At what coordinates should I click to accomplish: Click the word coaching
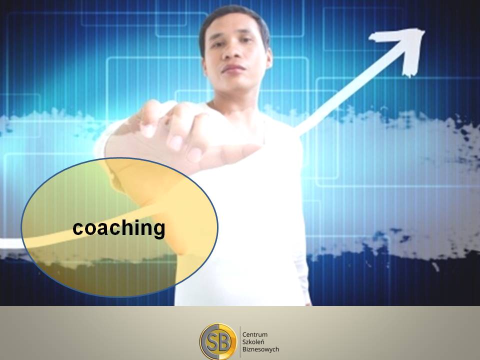pyautogui.click(x=119, y=228)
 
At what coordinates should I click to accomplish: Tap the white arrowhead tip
pyautogui.click(x=424, y=30)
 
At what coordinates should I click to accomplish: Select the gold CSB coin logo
pyautogui.click(x=218, y=342)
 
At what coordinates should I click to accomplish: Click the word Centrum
pyautogui.click(x=254, y=334)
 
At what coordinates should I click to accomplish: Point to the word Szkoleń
pyautogui.click(x=253, y=341)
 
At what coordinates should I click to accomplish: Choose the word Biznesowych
pyautogui.click(x=260, y=349)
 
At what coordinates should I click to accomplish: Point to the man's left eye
pyautogui.click(x=246, y=40)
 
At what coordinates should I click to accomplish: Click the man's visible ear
pyautogui.click(x=268, y=58)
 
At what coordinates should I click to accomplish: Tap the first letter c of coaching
pyautogui.click(x=78, y=229)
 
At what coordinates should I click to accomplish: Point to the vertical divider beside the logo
pyautogui.click(x=240, y=342)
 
